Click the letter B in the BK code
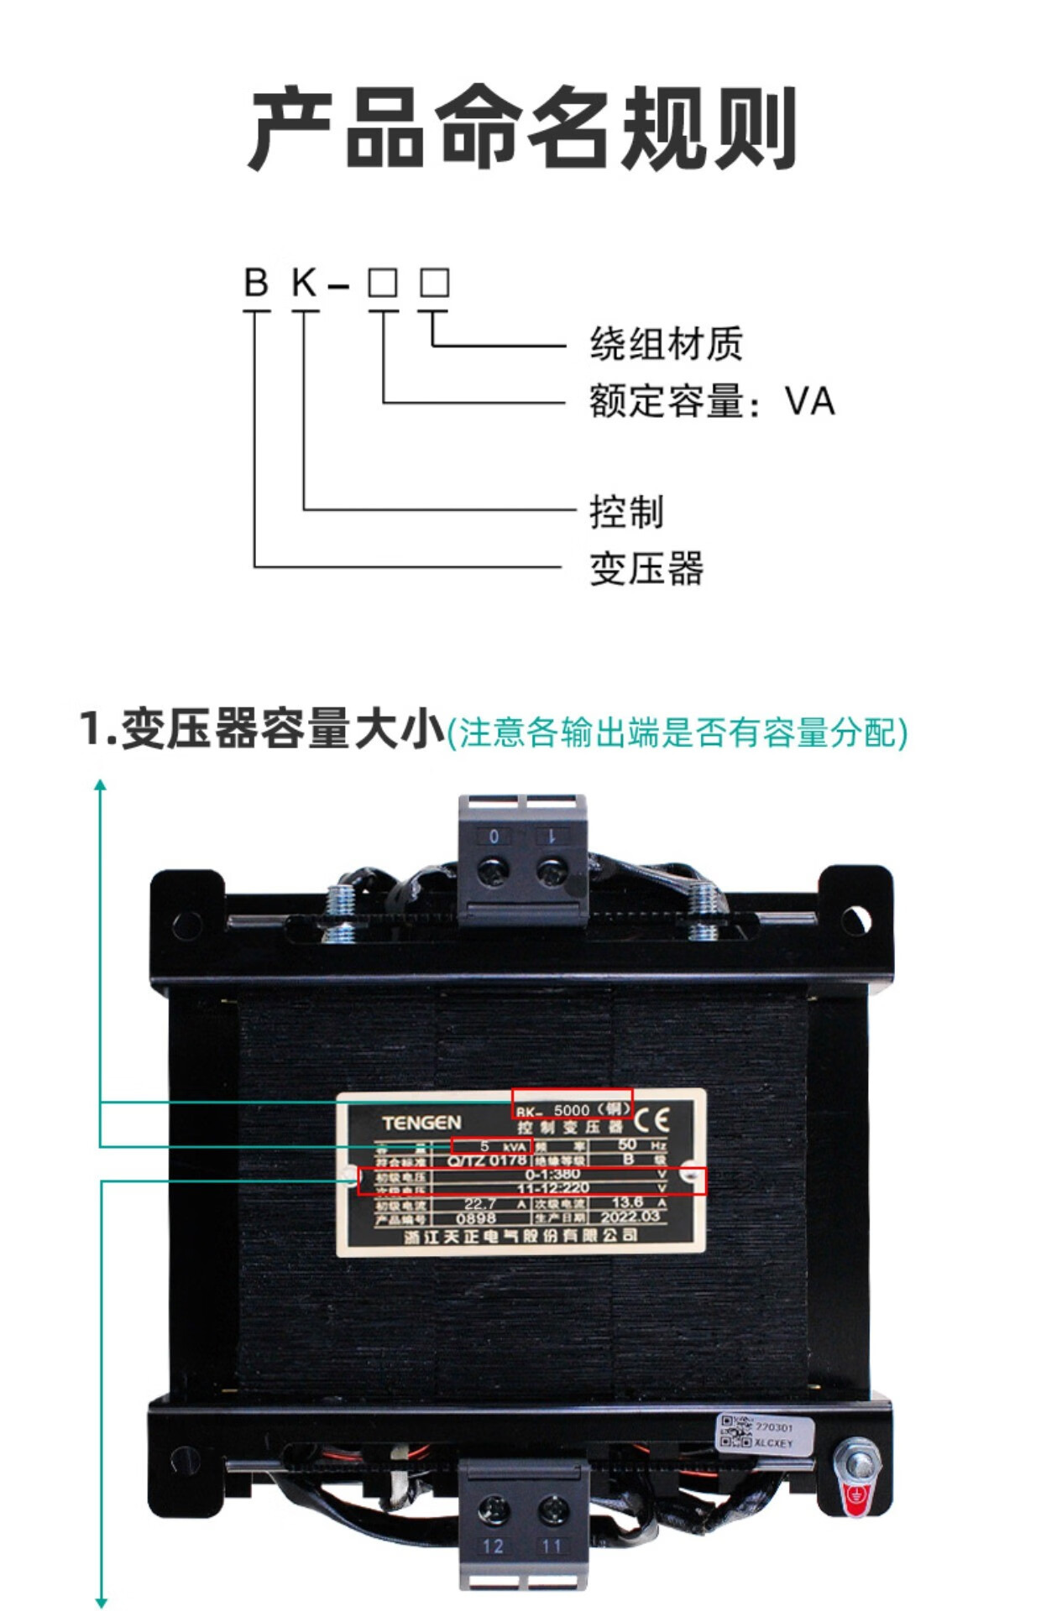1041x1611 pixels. point(256,283)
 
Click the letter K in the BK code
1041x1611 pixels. point(304,283)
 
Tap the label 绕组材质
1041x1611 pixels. point(666,344)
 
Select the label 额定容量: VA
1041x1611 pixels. point(712,401)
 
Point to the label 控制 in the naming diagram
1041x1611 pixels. point(626,512)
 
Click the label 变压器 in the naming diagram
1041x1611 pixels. point(646,569)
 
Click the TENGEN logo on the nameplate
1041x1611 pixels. point(421,1123)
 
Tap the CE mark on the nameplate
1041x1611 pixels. point(651,1120)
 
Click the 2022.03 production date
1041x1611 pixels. point(630,1217)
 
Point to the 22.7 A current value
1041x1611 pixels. point(480,1203)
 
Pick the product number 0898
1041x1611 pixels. point(476,1218)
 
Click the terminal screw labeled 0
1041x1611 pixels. point(494,869)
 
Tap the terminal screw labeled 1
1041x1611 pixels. point(552,869)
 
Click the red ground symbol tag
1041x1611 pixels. point(856,1499)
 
